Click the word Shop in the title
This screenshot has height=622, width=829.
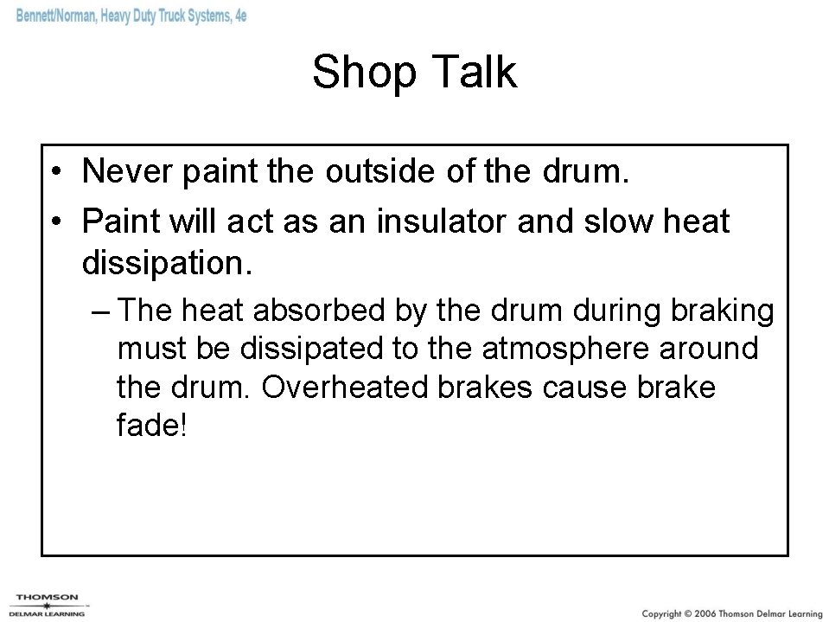pyautogui.click(x=360, y=73)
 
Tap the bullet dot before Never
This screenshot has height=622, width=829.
pyautogui.click(x=54, y=172)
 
